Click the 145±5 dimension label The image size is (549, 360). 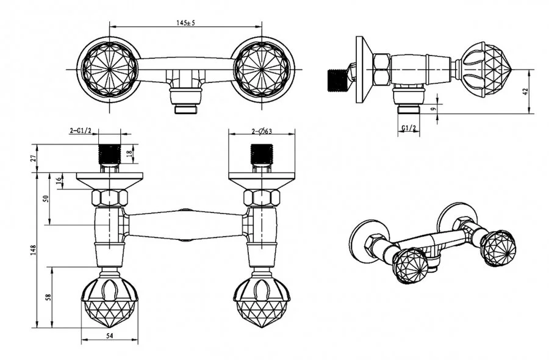[x=185, y=23]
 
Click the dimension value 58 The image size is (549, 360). [x=49, y=297]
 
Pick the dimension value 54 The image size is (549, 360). [x=110, y=334]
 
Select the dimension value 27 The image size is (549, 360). [x=34, y=158]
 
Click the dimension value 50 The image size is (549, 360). [x=49, y=199]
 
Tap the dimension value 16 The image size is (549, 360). [x=59, y=181]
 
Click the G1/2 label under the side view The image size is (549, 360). [x=409, y=128]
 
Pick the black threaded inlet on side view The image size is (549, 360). [x=337, y=78]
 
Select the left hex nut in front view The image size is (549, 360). [x=110, y=198]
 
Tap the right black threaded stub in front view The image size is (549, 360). [x=261, y=154]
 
